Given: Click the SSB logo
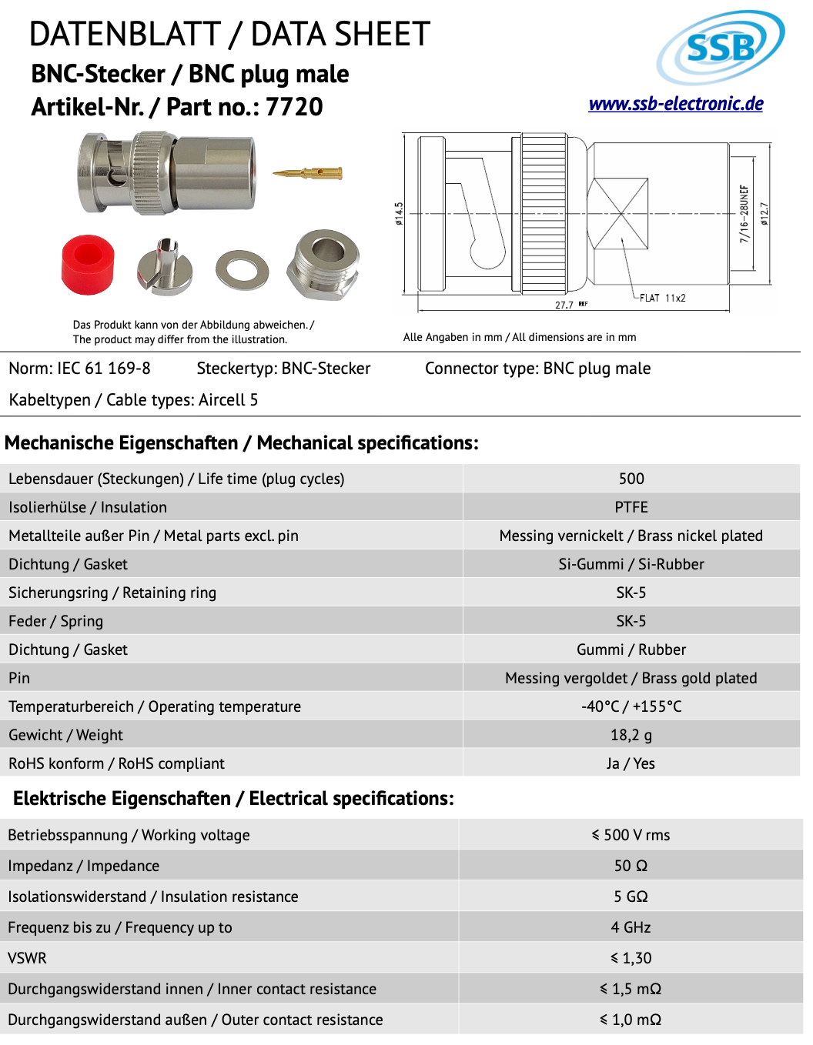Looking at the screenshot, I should tap(720, 47).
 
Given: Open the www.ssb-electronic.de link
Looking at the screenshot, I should tap(675, 104).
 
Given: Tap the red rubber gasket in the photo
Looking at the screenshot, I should tap(88, 264).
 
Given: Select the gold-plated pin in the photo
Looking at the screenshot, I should tap(307, 173).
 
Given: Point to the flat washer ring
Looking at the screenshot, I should tap(243, 270).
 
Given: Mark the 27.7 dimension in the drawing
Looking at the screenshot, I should tap(564, 305).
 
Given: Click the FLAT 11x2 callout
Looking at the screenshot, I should tap(662, 298).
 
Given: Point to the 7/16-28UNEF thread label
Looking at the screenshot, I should tap(744, 214).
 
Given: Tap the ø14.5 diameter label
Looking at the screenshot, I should tap(399, 214).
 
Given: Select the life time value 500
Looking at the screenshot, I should tap(631, 479).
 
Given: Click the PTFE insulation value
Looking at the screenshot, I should tap(631, 507).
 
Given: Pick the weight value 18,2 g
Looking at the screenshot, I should tap(631, 735).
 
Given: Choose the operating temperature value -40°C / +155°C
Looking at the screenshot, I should tap(631, 706).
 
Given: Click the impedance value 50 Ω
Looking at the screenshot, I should tap(631, 866).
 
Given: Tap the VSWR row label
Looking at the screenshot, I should tap(28, 958).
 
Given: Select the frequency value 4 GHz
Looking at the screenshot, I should tap(631, 927).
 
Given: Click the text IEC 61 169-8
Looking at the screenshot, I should tap(104, 369).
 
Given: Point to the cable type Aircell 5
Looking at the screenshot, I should tap(228, 400).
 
